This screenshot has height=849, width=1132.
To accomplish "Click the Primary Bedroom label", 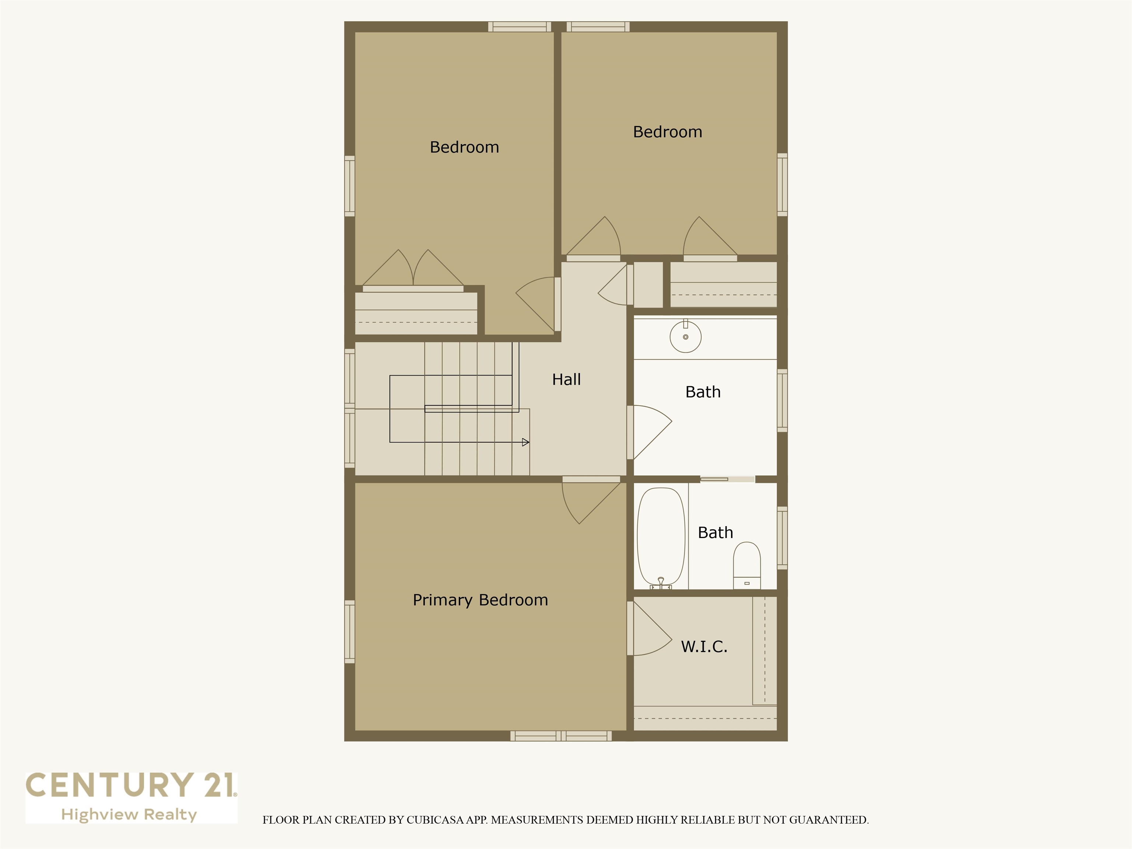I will coord(480,600).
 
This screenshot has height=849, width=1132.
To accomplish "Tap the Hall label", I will coord(566,379).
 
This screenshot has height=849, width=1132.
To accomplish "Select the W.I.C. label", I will coord(704,646).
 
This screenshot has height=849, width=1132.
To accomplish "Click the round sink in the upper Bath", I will coord(685,337).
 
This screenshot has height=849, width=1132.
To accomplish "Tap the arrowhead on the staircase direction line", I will coord(525,442).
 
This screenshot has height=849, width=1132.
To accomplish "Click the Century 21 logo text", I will coord(131,786).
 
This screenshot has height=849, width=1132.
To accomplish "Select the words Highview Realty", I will coord(129,815).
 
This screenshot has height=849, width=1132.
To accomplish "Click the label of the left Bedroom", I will coord(464,147).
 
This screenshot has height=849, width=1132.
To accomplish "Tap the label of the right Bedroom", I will coord(667,132).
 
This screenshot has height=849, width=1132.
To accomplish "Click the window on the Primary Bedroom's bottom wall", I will coord(561,736).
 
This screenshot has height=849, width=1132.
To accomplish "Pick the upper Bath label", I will coord(703,392).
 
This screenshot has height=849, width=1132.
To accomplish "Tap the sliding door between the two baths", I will coord(727,479).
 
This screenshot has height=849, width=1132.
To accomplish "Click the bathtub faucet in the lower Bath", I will coord(661,582).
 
